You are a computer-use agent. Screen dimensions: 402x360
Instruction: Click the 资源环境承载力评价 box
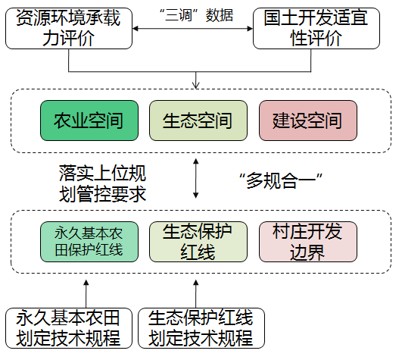69,28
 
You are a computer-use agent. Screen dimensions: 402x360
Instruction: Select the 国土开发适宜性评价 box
316,28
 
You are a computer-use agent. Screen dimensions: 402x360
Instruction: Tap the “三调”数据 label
196,15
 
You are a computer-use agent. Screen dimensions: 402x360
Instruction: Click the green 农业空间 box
89,121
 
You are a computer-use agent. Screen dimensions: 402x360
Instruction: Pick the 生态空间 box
198,121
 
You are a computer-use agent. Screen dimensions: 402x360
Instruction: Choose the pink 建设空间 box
308,121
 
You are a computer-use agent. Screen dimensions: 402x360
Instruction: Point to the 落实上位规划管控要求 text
102,183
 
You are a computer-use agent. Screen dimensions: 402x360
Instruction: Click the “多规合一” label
280,181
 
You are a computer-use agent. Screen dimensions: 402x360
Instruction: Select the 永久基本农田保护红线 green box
89,242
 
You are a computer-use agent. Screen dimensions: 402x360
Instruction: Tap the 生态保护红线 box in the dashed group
198,242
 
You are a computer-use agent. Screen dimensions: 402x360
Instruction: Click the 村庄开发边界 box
308,242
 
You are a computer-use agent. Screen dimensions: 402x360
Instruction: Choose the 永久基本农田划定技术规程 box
69,328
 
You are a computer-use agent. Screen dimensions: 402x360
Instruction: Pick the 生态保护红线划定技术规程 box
201,328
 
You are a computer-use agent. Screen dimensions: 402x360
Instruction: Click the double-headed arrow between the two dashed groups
196,178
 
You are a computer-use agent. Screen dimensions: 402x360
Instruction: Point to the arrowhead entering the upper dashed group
196,86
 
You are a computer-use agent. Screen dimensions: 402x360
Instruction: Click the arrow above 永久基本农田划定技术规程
86,294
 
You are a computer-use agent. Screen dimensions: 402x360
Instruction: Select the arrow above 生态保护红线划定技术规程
196,294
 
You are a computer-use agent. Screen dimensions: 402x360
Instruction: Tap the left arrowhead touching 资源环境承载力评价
135,29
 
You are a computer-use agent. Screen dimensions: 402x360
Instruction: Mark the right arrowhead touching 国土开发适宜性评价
250,29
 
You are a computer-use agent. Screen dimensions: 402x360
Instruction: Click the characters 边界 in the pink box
307,252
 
